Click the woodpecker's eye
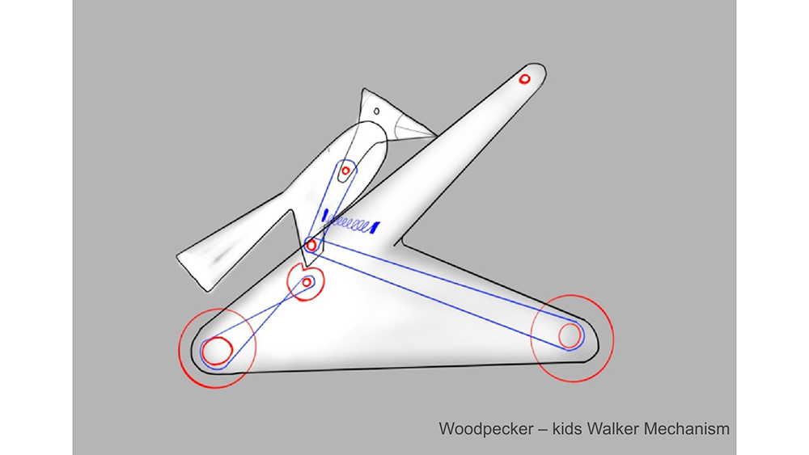pos(377,111)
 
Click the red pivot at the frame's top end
pos(525,79)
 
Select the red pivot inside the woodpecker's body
pos(345,171)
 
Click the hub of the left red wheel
pos(217,351)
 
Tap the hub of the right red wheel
pos(570,335)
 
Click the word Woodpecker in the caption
pos(486,428)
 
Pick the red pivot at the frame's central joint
pos(311,246)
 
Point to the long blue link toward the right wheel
pos(447,293)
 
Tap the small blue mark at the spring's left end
pos(325,216)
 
